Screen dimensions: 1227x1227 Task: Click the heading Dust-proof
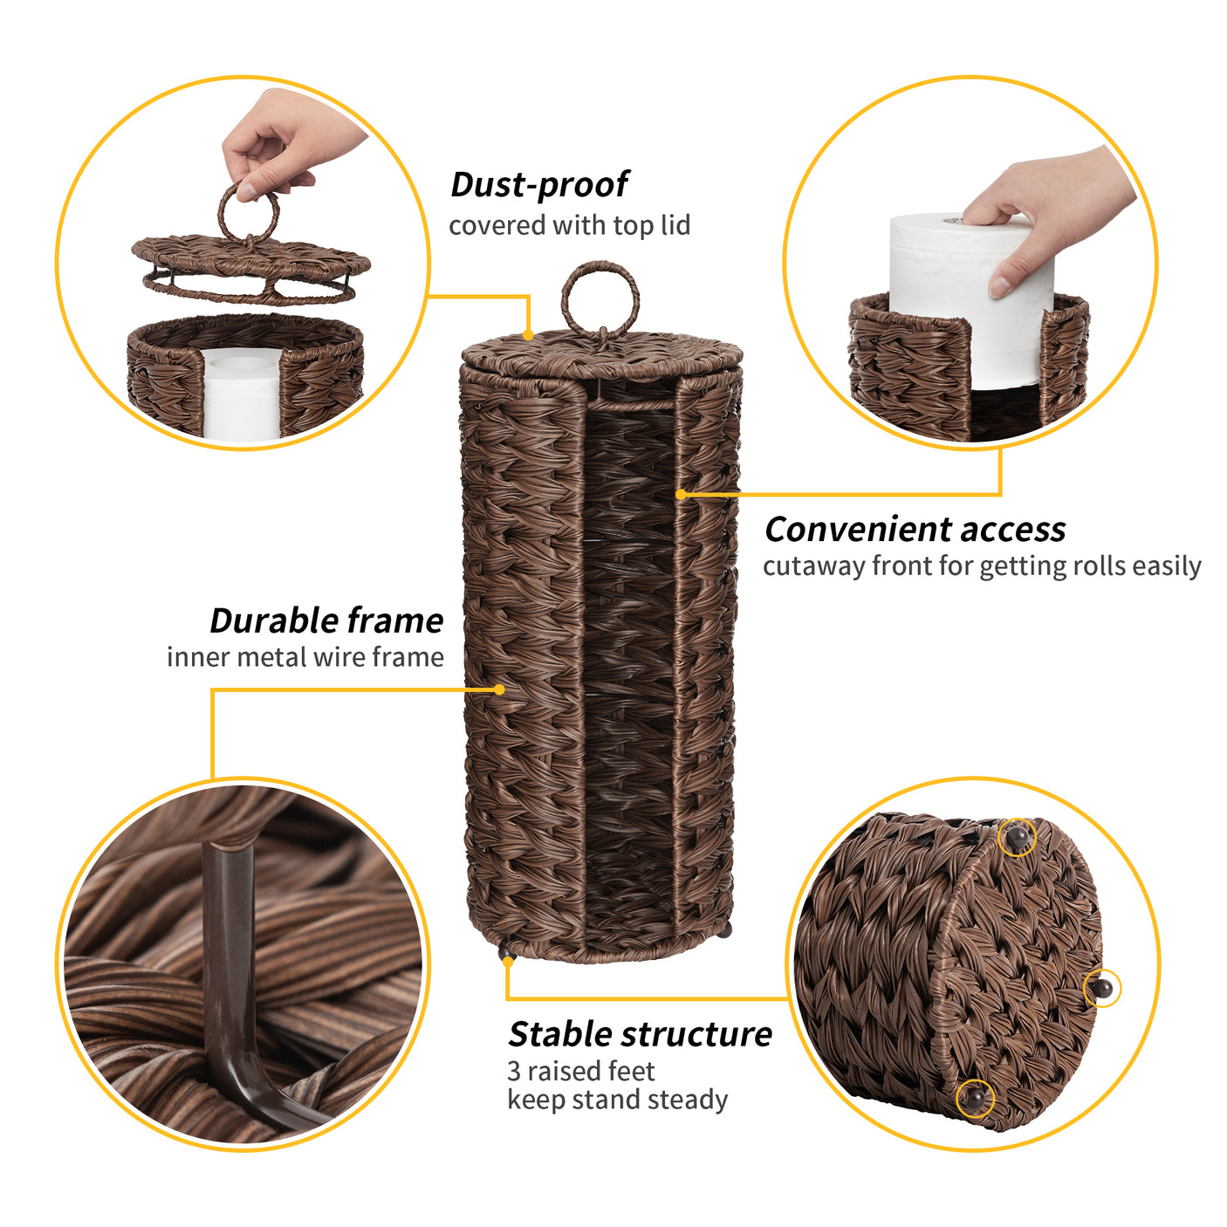coord(538,184)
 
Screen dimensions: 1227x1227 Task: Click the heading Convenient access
coord(915,529)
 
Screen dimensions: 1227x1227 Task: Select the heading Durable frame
coord(326,620)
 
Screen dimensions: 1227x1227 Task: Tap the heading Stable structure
coord(640,1034)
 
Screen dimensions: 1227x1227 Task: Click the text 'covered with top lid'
coord(569,225)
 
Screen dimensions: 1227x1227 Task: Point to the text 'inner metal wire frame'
coord(305,657)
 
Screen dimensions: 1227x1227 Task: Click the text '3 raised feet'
coord(580,1071)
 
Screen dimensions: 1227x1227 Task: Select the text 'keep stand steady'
coord(617,1100)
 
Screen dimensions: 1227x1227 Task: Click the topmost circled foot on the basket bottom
coord(1018,838)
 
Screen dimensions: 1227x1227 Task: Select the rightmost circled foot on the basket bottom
coord(1103,989)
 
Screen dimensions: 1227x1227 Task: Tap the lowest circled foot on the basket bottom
coord(975,1097)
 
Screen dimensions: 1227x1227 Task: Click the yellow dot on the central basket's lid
coord(528,335)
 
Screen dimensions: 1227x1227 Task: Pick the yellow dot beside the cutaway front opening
coord(681,494)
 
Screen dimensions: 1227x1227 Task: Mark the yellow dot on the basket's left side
coord(499,689)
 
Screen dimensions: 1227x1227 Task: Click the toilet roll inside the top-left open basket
coord(239,397)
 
